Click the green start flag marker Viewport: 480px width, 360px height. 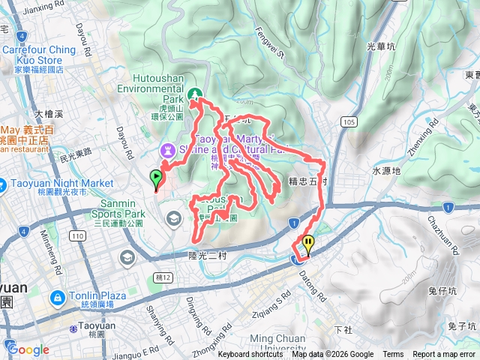tap(157, 178)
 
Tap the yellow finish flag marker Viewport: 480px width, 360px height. tap(308, 244)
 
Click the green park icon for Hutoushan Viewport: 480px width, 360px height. tap(196, 94)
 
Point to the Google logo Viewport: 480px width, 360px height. tap(28, 349)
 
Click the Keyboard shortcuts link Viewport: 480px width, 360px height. tap(250, 355)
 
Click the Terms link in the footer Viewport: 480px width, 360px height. tap(393, 355)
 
